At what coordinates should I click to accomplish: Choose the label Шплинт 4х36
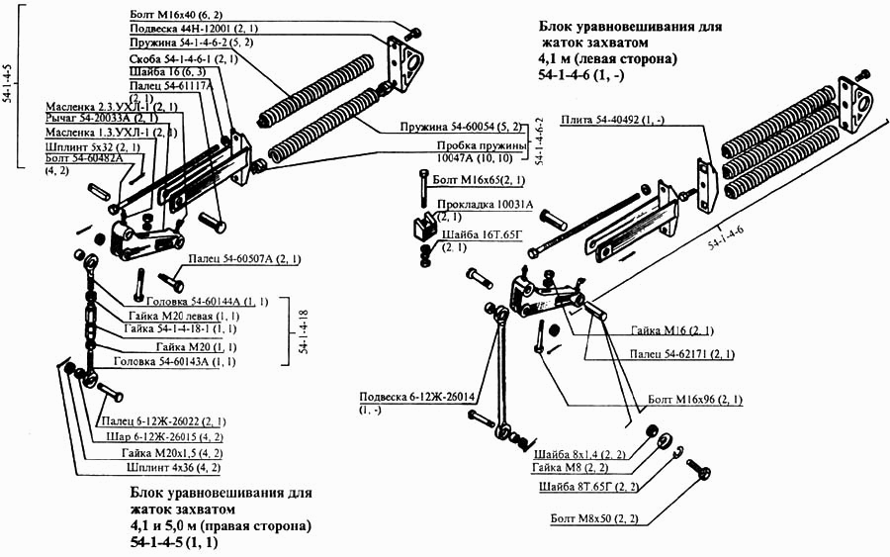click(x=175, y=467)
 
